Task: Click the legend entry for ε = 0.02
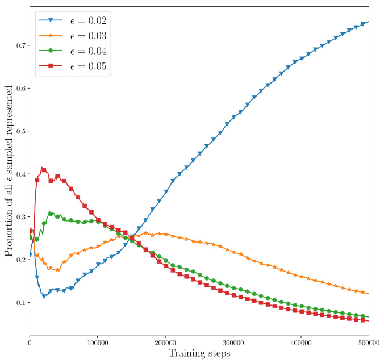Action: (72, 21)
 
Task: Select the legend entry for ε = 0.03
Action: (72, 36)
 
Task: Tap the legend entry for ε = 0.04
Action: (72, 52)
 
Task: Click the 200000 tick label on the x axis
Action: (165, 343)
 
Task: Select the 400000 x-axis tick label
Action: (301, 343)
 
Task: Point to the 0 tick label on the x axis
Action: (30, 343)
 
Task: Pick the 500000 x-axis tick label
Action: (369, 343)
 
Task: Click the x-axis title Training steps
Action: (199, 354)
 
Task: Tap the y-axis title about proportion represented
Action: (9, 170)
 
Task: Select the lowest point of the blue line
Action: (44, 297)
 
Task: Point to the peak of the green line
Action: (50, 213)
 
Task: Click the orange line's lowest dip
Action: (57, 270)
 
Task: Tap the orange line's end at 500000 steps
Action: (369, 294)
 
